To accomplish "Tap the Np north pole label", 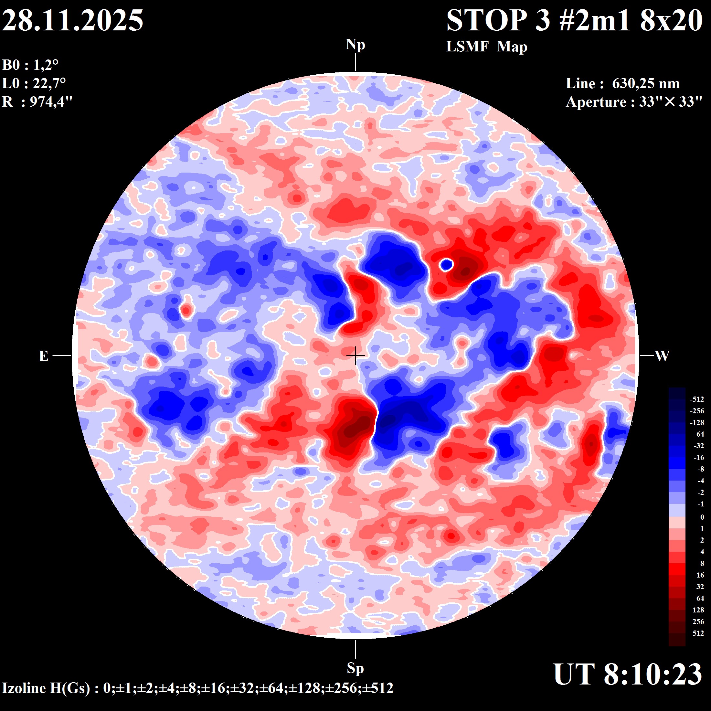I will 355,45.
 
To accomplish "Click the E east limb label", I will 43,356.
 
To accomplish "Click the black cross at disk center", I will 355,355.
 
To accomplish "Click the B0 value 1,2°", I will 46,65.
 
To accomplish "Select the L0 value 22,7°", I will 49,83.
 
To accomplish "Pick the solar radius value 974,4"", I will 51,101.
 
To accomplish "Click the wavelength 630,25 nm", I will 645,83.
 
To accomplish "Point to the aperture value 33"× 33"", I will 671,102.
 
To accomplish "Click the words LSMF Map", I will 486,47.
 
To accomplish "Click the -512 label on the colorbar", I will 697,399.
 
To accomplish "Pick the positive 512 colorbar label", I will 698,633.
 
